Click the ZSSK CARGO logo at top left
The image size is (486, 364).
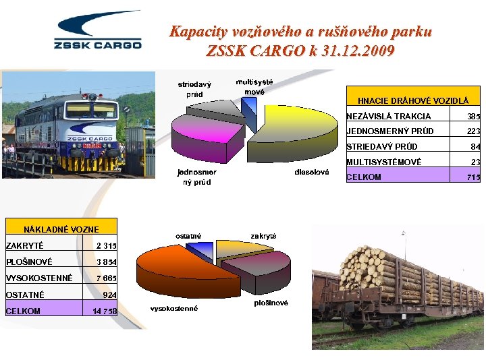point(98,32)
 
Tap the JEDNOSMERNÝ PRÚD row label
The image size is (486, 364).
point(390,131)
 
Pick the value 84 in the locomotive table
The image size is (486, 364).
point(475,147)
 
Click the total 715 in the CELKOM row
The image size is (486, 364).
point(473,177)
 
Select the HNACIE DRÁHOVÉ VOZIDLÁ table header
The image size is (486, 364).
point(413,100)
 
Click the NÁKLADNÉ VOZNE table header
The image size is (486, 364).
point(61,230)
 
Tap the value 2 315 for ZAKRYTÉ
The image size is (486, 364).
point(106,246)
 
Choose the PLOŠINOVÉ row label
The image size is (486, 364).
point(28,262)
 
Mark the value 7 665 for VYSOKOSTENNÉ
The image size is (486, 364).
point(106,278)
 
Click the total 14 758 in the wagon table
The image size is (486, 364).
point(104,311)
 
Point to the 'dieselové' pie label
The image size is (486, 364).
point(312,173)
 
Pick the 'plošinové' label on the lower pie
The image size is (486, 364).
point(271,303)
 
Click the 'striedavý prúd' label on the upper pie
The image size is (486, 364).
point(194,90)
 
